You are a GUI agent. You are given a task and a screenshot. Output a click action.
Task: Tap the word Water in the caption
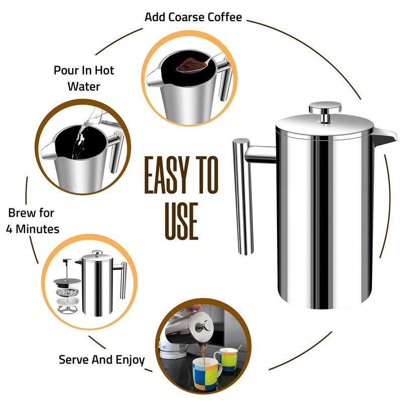tap(84, 86)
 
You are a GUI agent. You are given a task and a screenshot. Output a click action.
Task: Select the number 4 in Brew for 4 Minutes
tap(9, 229)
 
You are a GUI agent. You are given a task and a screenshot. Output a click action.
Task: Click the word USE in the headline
tap(181, 221)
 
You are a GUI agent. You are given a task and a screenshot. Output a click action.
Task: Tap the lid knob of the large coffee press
tap(325, 112)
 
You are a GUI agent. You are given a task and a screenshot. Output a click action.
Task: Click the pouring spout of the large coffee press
tap(384, 136)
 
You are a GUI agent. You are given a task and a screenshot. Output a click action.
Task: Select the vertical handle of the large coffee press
tap(243, 196)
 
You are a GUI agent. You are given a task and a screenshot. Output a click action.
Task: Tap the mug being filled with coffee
tap(207, 374)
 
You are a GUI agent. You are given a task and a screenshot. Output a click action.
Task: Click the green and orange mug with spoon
tap(227, 359)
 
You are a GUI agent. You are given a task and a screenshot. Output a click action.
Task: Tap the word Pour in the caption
tap(65, 70)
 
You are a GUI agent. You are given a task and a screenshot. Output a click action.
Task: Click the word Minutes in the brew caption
tap(37, 229)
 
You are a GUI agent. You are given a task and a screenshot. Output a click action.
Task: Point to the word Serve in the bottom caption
tap(74, 360)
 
